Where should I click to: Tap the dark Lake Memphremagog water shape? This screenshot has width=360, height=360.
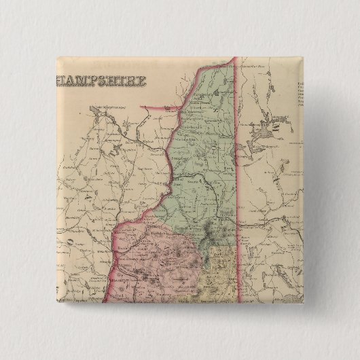click(102, 122)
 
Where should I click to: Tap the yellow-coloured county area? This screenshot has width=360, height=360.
click(217, 272)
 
